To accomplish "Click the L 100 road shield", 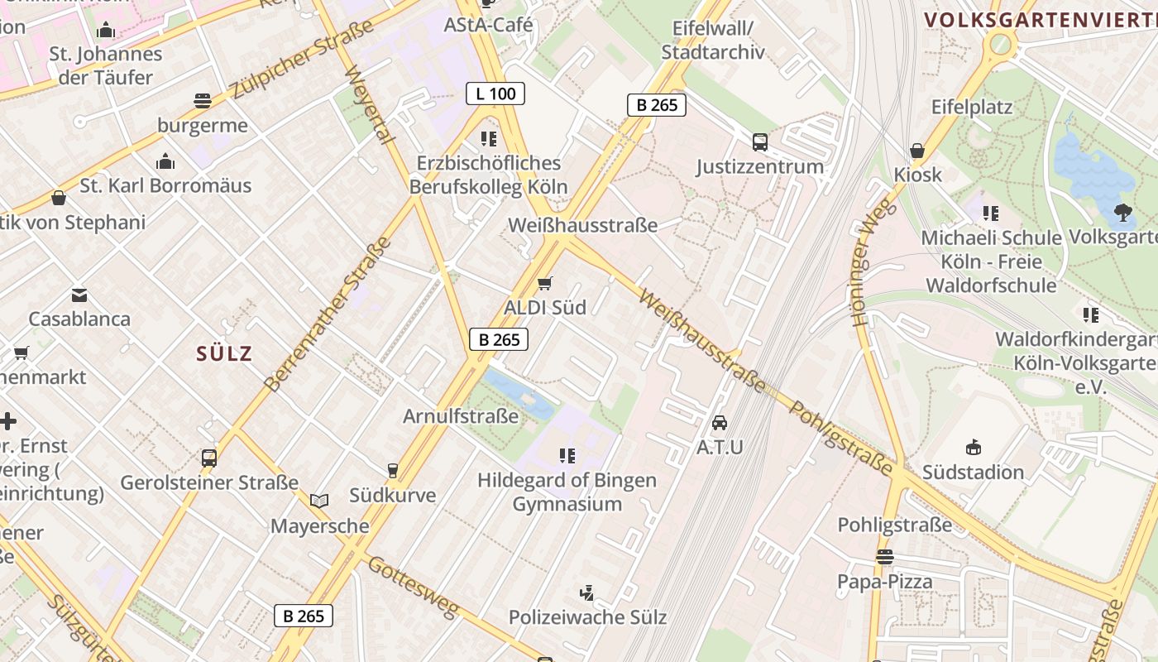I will [495, 94].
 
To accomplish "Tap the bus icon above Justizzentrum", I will [759, 142].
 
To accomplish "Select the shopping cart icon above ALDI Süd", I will [544, 284].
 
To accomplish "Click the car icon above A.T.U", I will [720, 422].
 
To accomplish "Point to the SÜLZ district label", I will [224, 354].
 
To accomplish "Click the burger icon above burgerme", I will [203, 101].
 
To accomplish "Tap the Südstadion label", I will [973, 473].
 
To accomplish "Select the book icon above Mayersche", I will [319, 501].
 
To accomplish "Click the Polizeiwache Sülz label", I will [587, 617].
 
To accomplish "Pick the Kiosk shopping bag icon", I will [916, 151].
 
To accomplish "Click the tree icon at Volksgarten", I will [1123, 213].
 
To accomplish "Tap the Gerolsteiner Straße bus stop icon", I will [209, 458].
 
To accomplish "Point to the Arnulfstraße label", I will [461, 416].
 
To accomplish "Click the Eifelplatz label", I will [972, 108].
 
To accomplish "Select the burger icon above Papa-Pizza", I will [885, 556].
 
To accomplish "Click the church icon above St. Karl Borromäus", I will [165, 161].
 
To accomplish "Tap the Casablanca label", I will [79, 319].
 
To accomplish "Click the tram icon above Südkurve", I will [393, 470].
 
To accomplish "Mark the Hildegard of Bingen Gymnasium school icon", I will [567, 455].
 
